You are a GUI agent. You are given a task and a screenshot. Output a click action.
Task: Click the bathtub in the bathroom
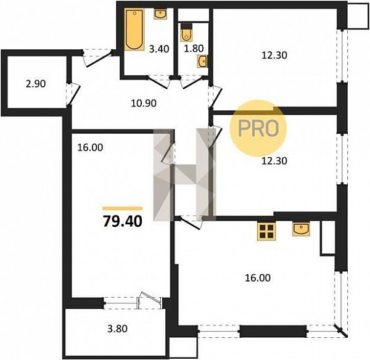[x=134, y=30]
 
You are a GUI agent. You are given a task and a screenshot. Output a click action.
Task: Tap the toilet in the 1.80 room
[x=186, y=32]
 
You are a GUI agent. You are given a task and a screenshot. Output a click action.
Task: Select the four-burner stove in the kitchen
[x=266, y=231]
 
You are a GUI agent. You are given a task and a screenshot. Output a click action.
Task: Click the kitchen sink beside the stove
[x=301, y=229]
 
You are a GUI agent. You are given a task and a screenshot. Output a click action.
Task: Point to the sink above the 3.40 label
[x=160, y=14]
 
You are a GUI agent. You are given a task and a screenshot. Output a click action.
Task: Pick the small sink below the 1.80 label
[x=202, y=62]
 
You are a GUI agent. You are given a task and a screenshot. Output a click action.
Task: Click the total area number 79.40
[x=123, y=222]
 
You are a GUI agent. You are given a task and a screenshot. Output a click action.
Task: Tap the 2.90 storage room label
[x=36, y=84]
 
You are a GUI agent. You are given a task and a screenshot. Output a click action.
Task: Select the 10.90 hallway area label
[x=144, y=103]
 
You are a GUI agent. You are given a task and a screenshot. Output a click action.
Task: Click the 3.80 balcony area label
[x=117, y=329]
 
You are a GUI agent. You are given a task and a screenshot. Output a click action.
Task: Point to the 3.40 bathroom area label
[x=159, y=49]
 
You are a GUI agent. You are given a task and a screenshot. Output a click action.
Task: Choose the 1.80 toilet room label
[x=194, y=48]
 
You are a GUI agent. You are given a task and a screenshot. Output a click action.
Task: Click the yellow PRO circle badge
[x=258, y=129]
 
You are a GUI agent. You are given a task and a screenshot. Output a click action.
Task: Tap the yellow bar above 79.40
[x=123, y=208]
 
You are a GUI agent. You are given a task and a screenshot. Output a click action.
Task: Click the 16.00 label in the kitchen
[x=258, y=278]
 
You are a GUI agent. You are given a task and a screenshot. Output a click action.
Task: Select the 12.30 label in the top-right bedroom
[x=274, y=55]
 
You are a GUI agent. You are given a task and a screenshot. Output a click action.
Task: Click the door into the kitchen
[x=191, y=223]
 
